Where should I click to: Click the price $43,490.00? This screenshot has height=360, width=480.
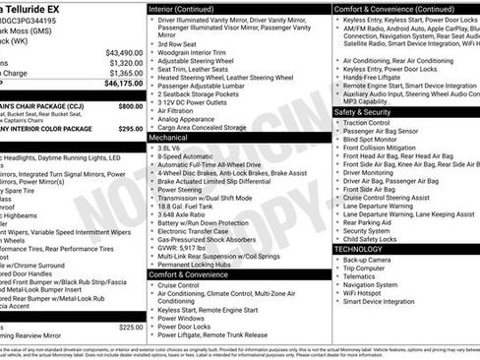[x=123, y=52]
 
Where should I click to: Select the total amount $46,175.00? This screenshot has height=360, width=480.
[x=123, y=86]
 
